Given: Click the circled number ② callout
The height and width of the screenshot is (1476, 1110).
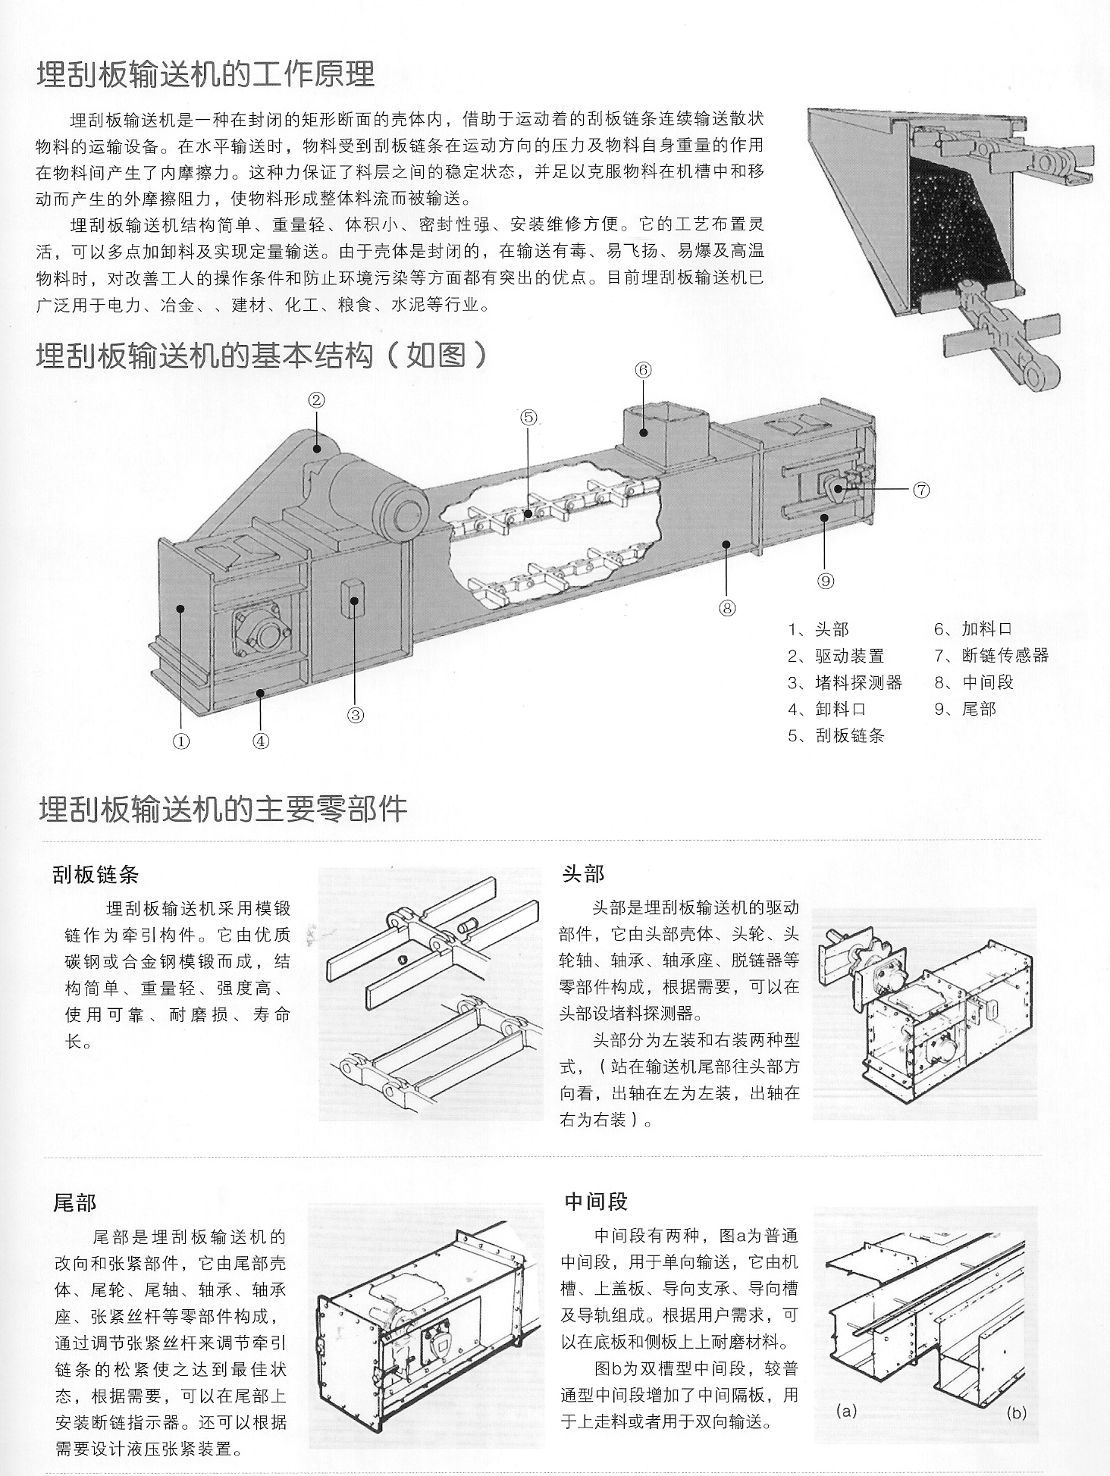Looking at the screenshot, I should point(317,400).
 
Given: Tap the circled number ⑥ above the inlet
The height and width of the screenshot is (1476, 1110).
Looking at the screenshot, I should point(643,370).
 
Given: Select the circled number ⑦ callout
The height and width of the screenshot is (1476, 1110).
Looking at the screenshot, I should point(920,490).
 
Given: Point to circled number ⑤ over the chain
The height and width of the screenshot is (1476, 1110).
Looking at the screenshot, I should point(528,417).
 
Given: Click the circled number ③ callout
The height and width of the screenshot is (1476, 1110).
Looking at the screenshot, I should point(356,714).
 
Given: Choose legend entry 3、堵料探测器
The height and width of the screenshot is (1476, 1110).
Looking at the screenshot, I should point(845,682).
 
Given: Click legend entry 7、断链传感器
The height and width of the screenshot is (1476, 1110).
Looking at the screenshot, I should point(991,655).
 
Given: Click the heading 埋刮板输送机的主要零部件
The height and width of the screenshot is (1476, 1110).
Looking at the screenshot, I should point(223,809).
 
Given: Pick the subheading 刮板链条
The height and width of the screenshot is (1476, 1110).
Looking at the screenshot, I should point(96,875).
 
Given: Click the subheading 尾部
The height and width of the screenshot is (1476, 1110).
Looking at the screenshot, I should point(75,1203).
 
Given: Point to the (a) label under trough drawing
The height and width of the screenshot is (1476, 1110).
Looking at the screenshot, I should point(846,1411).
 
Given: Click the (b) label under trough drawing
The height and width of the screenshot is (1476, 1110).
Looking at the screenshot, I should point(1016,1413).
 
